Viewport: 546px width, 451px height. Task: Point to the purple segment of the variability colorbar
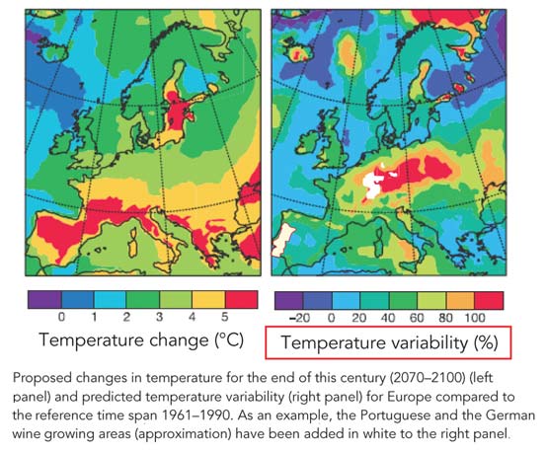[287, 297]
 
